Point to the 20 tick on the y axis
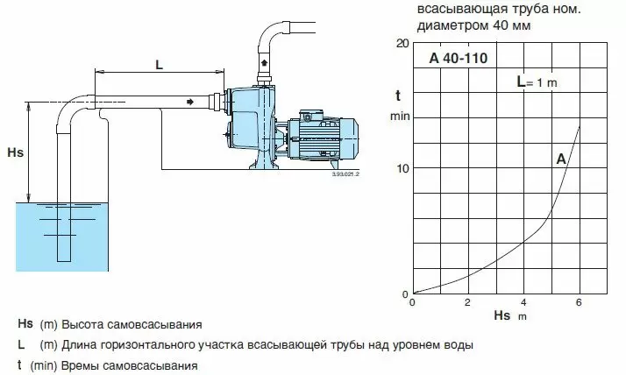402,43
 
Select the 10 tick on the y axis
402,167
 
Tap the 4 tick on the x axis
523,303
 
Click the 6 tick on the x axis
579,303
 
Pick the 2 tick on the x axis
468,303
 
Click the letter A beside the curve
560,159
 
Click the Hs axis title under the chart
502,315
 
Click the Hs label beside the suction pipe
15,152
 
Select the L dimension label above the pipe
158,65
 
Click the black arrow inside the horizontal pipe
189,102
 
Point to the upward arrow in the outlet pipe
265,63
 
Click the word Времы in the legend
79,365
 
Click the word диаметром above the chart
454,25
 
